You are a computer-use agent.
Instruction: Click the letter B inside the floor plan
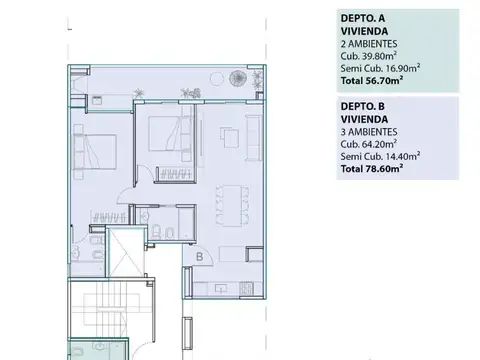pos(199,257)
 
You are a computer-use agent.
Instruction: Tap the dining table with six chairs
pos(232,205)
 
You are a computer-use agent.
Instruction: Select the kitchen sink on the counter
pos(220,288)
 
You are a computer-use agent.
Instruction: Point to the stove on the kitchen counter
pos(246,289)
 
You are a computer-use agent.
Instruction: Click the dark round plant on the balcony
pos(238,78)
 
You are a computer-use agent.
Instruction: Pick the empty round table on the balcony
pos(217,79)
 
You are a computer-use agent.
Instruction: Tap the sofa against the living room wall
pos(253,137)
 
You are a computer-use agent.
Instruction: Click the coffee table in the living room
pos(229,137)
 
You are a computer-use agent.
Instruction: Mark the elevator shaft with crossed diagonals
pos(126,251)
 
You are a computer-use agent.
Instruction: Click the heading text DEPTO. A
pos(363,18)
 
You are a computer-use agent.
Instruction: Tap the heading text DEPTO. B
pos(363,106)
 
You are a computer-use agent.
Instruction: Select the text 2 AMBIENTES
pos(369,44)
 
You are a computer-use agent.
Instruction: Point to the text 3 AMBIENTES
pos(369,132)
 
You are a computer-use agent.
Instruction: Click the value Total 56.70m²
pos(372,81)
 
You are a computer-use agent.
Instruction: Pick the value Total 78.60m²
pos(372,169)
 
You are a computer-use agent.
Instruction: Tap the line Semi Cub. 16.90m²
pos(380,68)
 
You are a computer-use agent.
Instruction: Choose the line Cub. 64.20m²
pos(369,144)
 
